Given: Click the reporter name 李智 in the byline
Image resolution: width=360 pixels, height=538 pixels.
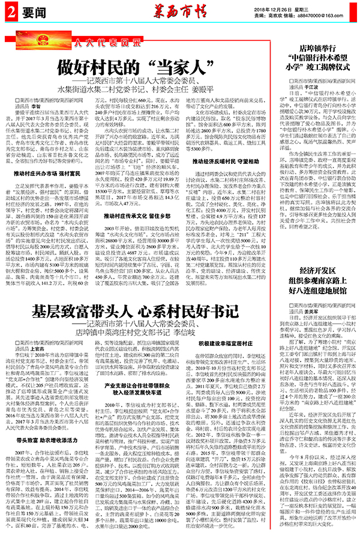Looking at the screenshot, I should coord(53,103).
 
